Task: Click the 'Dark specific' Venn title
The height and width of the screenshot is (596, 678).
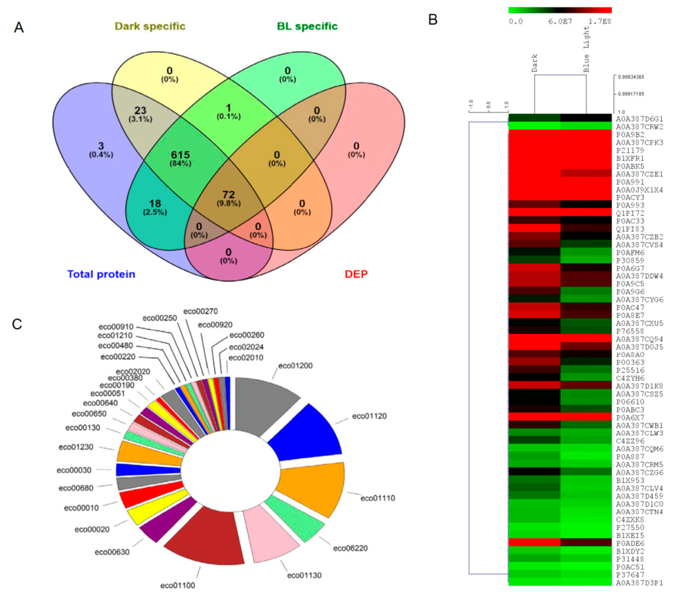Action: pyautogui.click(x=150, y=26)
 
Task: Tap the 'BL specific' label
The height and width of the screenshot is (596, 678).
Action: pyautogui.click(x=307, y=26)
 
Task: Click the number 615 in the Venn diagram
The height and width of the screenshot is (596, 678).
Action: pyautogui.click(x=181, y=155)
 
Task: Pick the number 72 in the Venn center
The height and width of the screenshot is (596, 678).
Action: pyautogui.click(x=229, y=194)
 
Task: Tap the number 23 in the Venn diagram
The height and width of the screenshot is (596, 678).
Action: pyautogui.click(x=140, y=110)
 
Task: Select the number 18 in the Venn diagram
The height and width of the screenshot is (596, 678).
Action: pyautogui.click(x=155, y=203)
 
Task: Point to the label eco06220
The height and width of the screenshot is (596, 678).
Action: pyautogui.click(x=350, y=548)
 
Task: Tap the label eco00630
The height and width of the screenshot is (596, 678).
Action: pyautogui.click(x=112, y=552)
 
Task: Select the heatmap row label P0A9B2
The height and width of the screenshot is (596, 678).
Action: pyautogui.click(x=630, y=135)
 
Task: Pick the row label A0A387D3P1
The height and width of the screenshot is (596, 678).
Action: pyautogui.click(x=639, y=583)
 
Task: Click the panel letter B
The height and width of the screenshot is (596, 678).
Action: pyautogui.click(x=433, y=20)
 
